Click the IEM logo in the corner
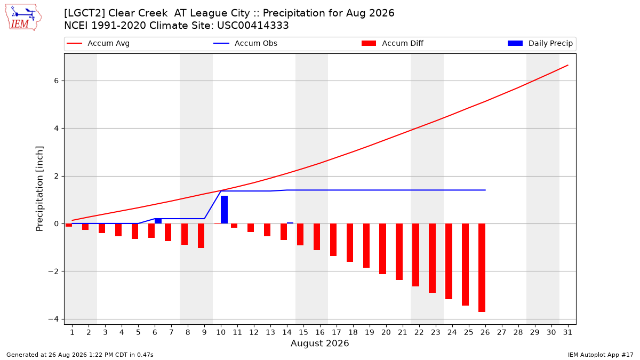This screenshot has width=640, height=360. tap(23, 17)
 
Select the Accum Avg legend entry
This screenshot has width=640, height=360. tap(98, 43)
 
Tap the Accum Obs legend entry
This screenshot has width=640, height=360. tap(245, 43)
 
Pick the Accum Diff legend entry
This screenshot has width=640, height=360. tap(393, 43)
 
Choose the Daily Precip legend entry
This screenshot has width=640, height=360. tap(540, 43)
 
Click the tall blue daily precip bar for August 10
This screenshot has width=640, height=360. tap(225, 210)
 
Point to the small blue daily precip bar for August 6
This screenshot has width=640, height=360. tap(158, 221)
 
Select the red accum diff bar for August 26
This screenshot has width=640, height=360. tap(482, 268)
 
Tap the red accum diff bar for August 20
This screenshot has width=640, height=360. tap(382, 249)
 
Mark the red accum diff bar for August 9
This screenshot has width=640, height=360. tap(201, 236)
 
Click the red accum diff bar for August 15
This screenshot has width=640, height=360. tap(300, 235)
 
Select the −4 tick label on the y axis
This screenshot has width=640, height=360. tap(53, 319)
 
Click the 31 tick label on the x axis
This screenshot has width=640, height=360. tap(567, 332)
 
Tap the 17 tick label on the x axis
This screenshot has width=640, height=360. tap(337, 332)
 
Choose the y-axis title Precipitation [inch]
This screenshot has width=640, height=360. tap(39, 189)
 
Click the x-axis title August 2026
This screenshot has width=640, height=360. tap(319, 343)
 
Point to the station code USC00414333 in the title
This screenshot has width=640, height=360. tap(253, 26)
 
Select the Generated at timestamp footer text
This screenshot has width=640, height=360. tap(79, 355)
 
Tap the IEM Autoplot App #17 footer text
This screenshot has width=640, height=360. tap(601, 355)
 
